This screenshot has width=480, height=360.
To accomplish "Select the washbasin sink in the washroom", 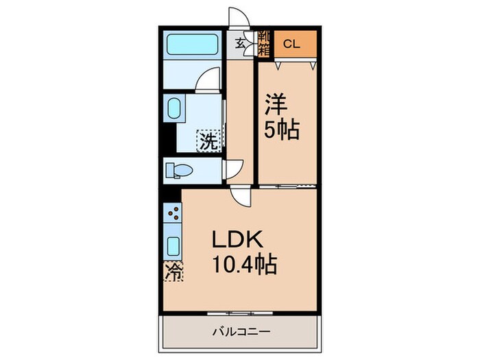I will coord(173,110).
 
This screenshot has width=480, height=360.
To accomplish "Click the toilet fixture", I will coord(180,169).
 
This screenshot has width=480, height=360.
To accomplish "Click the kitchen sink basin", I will coord(173,246).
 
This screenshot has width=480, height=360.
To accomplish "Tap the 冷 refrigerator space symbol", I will coord(173,272).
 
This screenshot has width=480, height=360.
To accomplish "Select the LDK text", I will coord(238,242).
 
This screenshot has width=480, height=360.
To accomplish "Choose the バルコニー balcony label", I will coord(239,331).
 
